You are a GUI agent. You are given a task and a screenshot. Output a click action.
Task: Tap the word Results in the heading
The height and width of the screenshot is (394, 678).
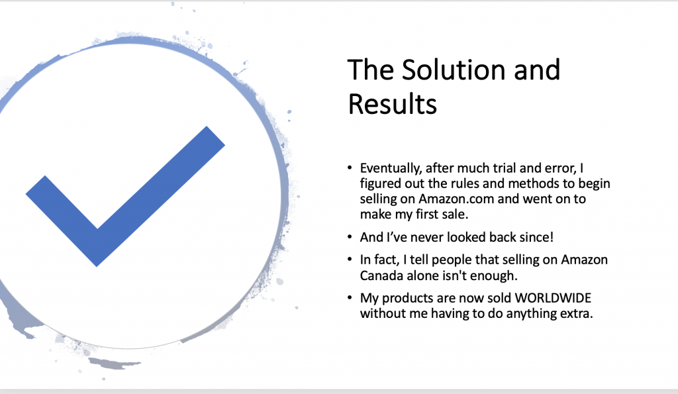(x=393, y=104)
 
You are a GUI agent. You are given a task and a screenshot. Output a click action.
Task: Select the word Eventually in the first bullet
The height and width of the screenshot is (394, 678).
(x=391, y=169)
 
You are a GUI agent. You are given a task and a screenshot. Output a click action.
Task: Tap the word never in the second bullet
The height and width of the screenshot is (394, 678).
(x=427, y=238)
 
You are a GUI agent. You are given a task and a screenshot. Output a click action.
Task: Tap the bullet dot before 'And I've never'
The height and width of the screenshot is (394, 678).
(x=350, y=238)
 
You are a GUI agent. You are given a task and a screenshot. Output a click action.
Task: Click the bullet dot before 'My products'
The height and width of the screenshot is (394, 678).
(x=350, y=299)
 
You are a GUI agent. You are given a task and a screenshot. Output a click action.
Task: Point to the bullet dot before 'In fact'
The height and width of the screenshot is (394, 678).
(x=350, y=260)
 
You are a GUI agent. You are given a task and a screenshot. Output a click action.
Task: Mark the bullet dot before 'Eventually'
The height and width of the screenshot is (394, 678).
(x=350, y=168)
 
